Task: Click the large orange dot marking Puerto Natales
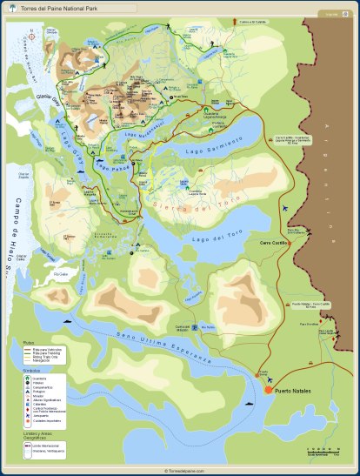(x=270, y=391)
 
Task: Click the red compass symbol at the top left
(x=33, y=36)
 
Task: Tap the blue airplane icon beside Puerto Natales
(x=271, y=379)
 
